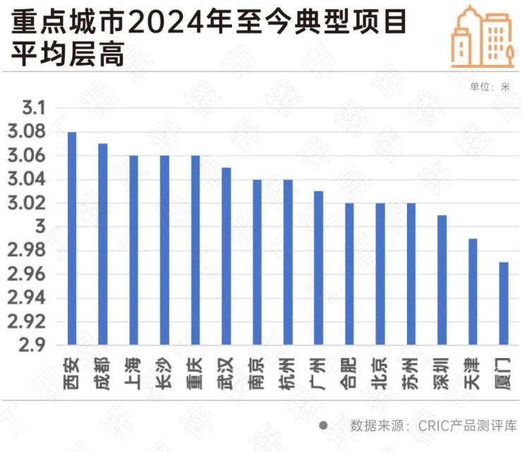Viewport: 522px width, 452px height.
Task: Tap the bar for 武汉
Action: [226, 256]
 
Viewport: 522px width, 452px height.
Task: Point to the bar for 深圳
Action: [442, 280]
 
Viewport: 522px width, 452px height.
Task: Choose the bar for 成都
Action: [103, 244]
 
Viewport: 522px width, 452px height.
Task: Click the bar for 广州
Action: [319, 268]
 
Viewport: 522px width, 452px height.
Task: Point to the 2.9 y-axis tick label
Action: [34, 345]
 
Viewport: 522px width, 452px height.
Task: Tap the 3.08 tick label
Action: [28, 132]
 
